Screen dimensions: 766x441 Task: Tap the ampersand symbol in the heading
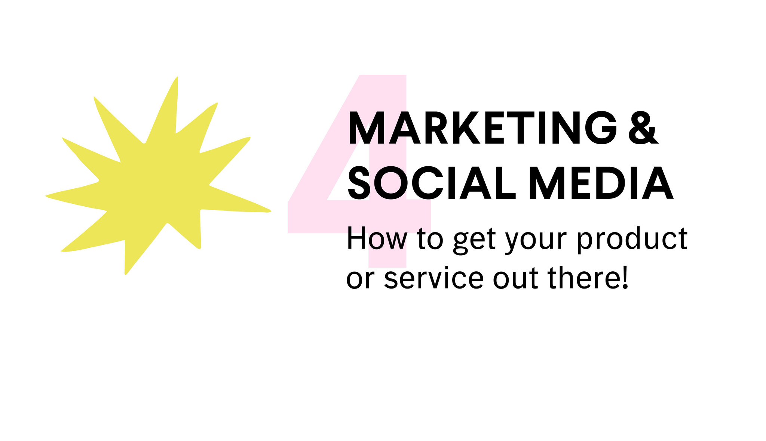pyautogui.click(x=643, y=128)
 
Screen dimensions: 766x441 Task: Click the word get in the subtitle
pyautogui.click(x=474, y=241)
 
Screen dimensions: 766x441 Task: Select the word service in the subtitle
pyautogui.click(x=434, y=278)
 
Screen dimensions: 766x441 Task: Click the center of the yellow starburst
pyautogui.click(x=157, y=183)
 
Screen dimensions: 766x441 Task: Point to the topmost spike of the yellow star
pyautogui.click(x=177, y=77)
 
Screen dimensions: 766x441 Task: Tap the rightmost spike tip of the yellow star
pyautogui.click(x=270, y=211)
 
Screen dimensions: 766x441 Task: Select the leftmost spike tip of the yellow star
pyautogui.click(x=46, y=195)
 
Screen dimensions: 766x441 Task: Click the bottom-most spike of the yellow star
pyautogui.click(x=125, y=274)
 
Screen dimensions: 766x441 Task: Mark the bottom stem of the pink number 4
pyautogui.click(x=387, y=250)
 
